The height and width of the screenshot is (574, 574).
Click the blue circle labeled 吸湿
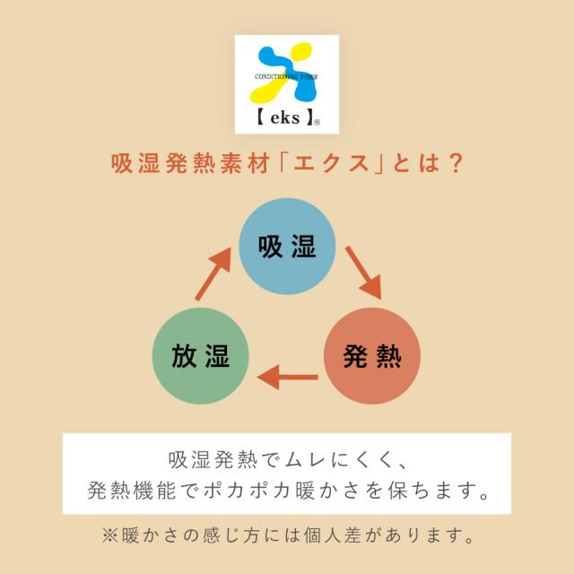tap(287, 247)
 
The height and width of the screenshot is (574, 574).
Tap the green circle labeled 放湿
tap(201, 356)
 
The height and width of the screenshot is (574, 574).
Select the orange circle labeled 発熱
tap(372, 356)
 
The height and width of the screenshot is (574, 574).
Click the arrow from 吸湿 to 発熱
tap(363, 273)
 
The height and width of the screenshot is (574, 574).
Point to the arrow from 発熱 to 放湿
tap(287, 377)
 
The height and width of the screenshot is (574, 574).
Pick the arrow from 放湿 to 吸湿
tap(213, 274)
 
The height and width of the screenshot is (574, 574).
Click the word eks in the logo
tap(285, 117)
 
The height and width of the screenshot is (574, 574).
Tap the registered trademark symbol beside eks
tap(317, 123)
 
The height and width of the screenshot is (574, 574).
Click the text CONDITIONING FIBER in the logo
tap(286, 76)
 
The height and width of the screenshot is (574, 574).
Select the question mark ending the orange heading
tap(457, 163)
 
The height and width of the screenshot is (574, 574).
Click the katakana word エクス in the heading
tap(331, 163)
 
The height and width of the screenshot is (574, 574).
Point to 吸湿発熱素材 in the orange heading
tap(191, 163)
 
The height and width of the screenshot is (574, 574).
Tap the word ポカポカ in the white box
tap(248, 491)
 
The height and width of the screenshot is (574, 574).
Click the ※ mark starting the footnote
tap(109, 535)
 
